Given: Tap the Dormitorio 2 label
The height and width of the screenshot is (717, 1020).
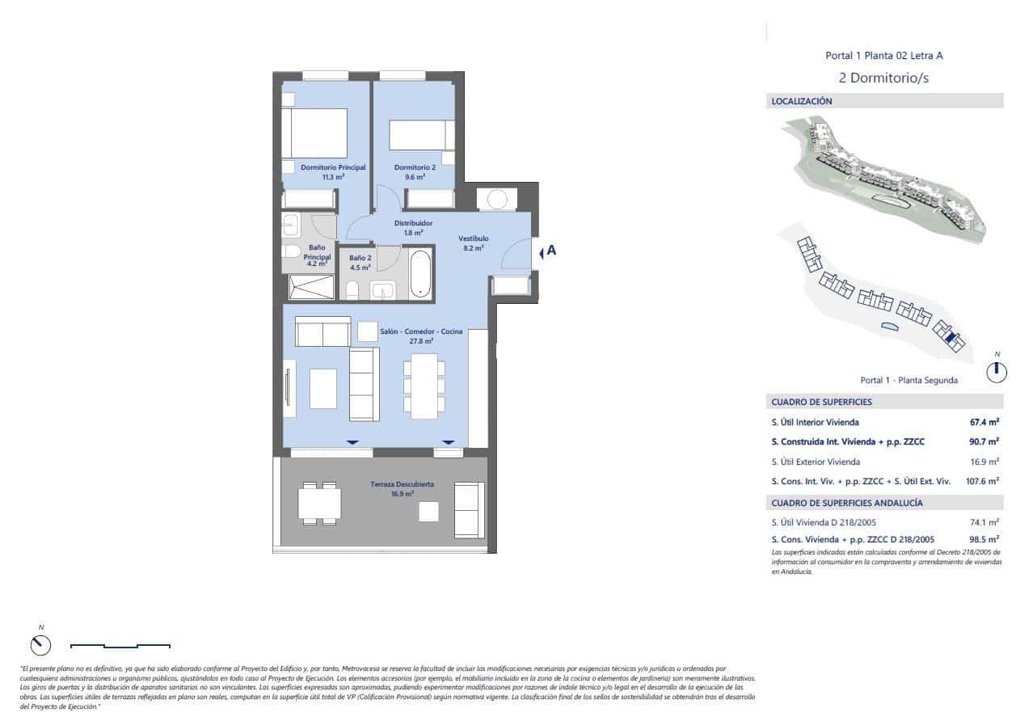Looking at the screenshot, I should (x=415, y=171).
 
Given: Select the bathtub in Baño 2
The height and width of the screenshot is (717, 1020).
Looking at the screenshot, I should (x=420, y=275).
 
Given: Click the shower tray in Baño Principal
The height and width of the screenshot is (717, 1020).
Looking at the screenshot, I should (x=310, y=287).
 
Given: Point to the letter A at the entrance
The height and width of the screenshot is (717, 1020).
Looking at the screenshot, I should (x=551, y=251).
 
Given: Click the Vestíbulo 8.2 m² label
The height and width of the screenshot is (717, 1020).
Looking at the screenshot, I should (x=473, y=243).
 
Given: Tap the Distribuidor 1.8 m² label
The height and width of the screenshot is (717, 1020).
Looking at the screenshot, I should (x=413, y=227).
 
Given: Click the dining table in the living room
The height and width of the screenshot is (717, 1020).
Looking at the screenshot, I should (x=424, y=386).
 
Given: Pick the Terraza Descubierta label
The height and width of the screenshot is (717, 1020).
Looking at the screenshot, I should (x=403, y=488).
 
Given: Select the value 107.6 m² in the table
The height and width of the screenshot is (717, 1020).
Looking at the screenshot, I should (x=981, y=480).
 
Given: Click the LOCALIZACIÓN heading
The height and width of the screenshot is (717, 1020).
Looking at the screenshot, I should (x=802, y=102).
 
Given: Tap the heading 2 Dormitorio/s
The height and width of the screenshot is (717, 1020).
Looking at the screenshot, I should (x=883, y=78).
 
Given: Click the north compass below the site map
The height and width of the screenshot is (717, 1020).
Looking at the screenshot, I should (x=997, y=371).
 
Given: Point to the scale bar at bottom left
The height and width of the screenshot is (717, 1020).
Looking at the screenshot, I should (x=120, y=645).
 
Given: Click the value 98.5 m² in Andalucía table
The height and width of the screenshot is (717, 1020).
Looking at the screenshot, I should (x=984, y=538).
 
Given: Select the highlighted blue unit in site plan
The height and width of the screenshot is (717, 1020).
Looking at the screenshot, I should (x=952, y=339).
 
